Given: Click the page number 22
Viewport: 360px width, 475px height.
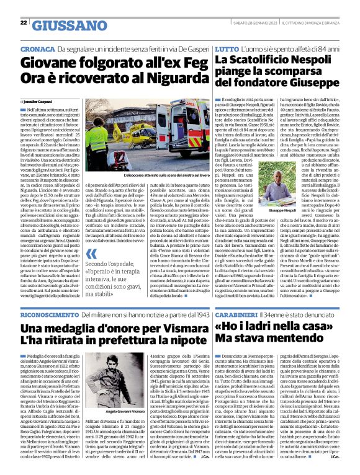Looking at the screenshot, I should (x=23, y=22).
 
